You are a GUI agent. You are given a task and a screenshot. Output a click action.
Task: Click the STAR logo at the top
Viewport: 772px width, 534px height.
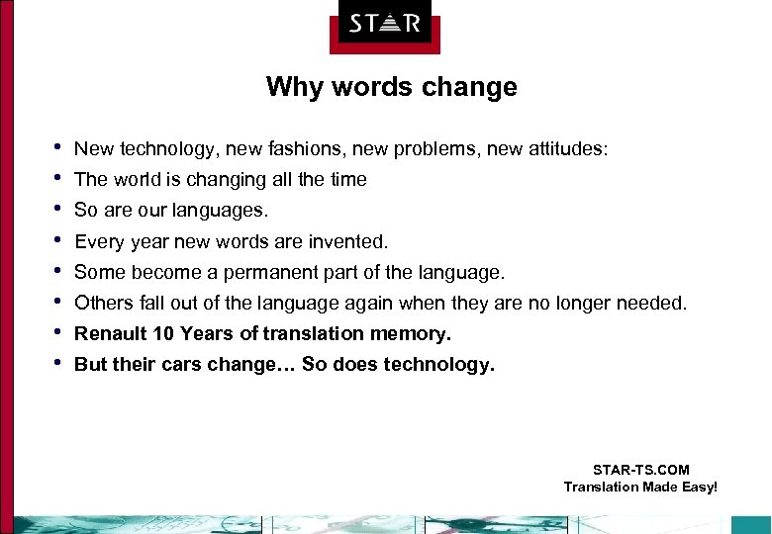(x=385, y=24)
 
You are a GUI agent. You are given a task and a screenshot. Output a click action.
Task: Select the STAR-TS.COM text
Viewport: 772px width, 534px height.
(x=640, y=470)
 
